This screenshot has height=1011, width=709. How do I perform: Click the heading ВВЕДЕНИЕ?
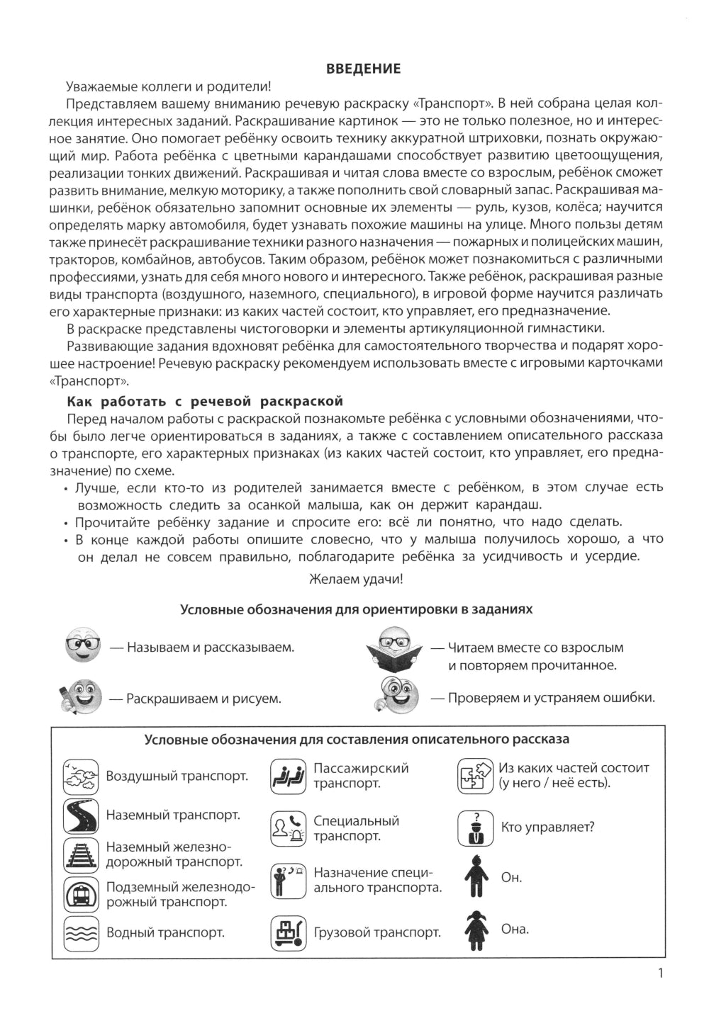(363, 69)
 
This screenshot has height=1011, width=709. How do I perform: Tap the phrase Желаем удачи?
(357, 579)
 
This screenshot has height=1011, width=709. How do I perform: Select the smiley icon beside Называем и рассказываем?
(82, 645)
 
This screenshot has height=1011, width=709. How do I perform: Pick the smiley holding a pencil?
(80, 696)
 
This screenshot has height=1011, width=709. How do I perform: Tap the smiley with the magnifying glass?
(395, 696)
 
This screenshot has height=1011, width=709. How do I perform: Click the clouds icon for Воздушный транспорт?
(81, 776)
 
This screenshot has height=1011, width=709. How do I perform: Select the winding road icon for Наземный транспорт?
(81, 815)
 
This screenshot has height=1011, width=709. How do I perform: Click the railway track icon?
(81, 854)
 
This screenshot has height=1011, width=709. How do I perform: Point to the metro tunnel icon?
(81, 894)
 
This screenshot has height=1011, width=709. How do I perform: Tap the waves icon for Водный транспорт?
(81, 933)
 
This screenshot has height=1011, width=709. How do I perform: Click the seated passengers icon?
(288, 776)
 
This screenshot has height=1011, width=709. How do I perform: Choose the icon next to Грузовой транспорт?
(288, 933)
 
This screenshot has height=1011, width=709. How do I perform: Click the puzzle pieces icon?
(474, 776)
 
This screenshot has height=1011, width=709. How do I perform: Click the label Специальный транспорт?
(356, 828)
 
